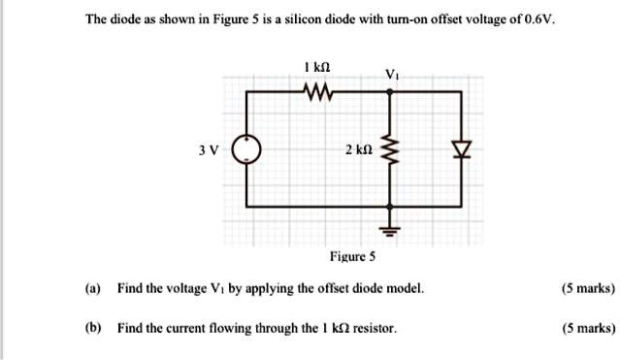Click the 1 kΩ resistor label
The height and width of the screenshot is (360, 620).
(x=317, y=66)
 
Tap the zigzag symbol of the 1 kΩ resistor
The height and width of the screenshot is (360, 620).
(x=317, y=93)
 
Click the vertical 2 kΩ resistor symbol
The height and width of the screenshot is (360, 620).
(x=391, y=150)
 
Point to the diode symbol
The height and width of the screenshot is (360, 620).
(x=463, y=149)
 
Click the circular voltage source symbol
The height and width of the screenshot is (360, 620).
(x=249, y=149)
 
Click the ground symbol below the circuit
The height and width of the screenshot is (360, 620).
(x=391, y=231)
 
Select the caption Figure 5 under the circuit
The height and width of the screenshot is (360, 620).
(x=353, y=258)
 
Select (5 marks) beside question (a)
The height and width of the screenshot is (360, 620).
(x=587, y=289)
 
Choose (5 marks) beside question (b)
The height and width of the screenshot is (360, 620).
(x=587, y=328)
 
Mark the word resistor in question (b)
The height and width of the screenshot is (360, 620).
(x=374, y=328)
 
